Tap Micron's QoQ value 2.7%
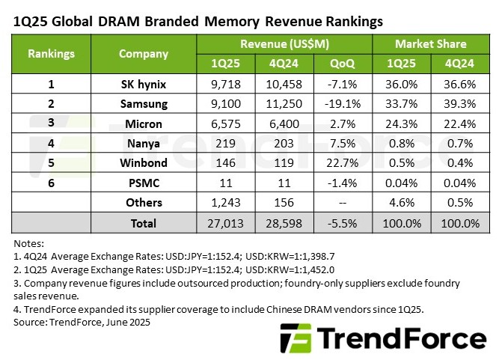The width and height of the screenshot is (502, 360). click(346, 122)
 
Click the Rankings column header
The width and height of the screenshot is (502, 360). click(51, 54)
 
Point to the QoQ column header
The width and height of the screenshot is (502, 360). click(346, 64)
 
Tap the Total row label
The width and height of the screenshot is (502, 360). click(144, 223)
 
